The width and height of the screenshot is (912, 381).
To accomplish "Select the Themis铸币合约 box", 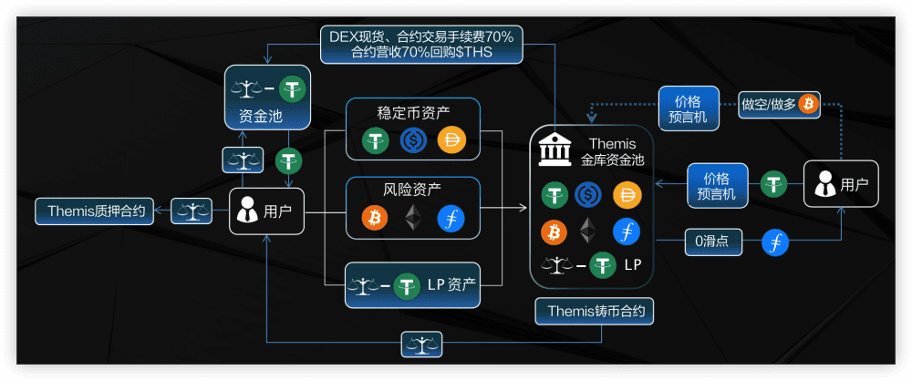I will pyautogui.click(x=596, y=311).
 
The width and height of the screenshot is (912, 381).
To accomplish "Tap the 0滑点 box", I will pyautogui.click(x=712, y=242).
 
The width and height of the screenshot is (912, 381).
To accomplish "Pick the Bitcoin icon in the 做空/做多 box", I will pyautogui.click(x=807, y=103).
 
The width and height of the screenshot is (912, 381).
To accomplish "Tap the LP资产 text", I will pyautogui.click(x=451, y=284).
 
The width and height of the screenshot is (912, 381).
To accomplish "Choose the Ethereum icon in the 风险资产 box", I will pyautogui.click(x=413, y=219).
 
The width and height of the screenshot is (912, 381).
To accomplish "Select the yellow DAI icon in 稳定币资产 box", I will pyautogui.click(x=451, y=140).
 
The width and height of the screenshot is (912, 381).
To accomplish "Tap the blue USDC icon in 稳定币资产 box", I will pyautogui.click(x=413, y=140).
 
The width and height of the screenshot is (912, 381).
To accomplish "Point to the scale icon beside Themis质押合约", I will pyautogui.click(x=192, y=211).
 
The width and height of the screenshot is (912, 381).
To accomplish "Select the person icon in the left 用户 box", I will pyautogui.click(x=247, y=211).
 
